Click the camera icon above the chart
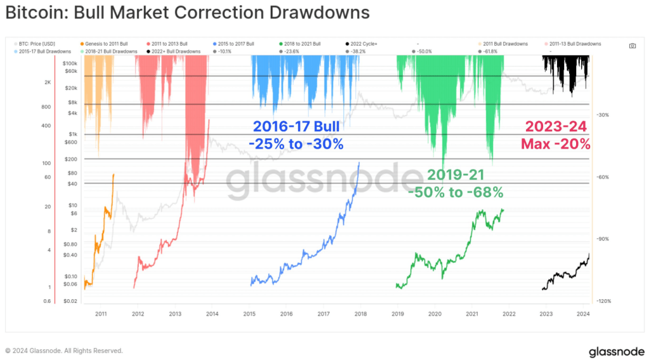pos(632,46)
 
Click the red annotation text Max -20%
pos(556,144)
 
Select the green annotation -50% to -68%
pos(456,192)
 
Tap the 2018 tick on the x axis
pos(361,313)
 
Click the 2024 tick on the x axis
pos(584,313)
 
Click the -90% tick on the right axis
pos(603,239)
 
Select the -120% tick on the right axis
pos(603,301)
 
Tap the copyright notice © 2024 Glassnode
pos(63,350)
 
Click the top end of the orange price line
pos(113,174)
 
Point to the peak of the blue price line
pos(359,162)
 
